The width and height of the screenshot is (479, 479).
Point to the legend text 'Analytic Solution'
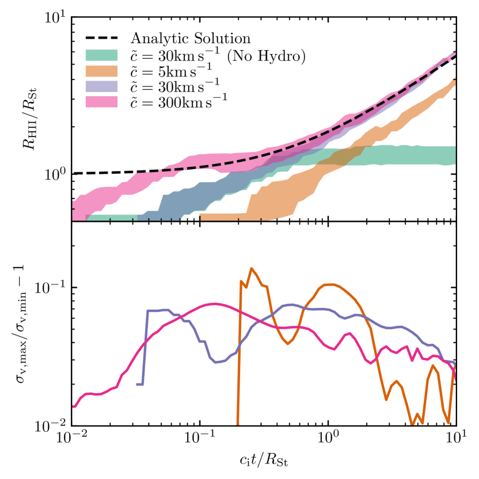pyautogui.click(x=191, y=39)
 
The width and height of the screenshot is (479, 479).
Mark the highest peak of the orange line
pyautogui.click(x=252, y=268)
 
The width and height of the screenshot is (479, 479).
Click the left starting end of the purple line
pyautogui.click(x=138, y=384)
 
